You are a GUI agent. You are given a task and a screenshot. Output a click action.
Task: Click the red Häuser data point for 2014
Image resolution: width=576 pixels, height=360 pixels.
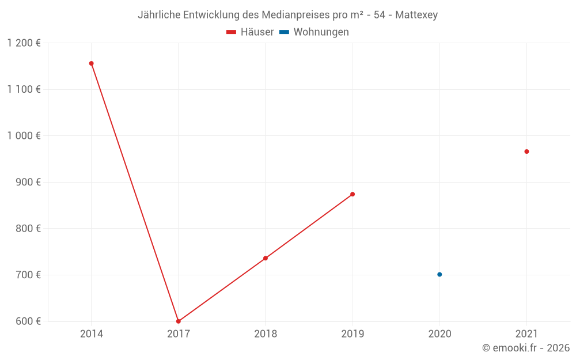(x=91, y=63)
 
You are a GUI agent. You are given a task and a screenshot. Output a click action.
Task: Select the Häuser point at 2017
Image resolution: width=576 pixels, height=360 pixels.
(x=178, y=321)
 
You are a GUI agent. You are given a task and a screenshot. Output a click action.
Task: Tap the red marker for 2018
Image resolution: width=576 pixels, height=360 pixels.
(x=266, y=258)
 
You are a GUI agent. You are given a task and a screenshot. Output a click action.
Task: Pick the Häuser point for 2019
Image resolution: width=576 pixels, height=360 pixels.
(x=353, y=194)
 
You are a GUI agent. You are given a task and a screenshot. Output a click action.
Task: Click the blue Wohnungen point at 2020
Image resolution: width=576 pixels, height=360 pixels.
(x=439, y=274)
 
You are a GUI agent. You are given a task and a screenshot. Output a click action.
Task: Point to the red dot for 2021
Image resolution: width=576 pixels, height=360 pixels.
(x=526, y=151)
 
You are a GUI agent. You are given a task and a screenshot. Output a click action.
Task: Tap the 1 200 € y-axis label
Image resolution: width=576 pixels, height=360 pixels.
(x=24, y=43)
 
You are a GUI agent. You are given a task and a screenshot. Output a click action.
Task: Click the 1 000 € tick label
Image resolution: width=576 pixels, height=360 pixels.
(x=24, y=136)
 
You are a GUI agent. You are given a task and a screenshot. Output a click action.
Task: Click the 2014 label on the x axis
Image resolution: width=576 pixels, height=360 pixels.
(x=91, y=334)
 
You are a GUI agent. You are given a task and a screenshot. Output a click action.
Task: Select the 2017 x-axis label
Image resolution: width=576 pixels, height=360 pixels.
(x=178, y=334)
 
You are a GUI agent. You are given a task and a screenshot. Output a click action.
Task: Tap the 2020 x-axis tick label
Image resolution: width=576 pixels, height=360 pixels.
(x=439, y=334)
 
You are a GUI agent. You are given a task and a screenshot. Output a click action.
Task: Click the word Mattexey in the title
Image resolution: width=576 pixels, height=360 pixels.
(x=416, y=15)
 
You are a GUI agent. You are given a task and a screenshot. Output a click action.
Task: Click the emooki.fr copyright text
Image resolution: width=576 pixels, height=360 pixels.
(x=526, y=348)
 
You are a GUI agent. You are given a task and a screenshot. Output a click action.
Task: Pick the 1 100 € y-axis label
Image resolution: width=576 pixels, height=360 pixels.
(x=24, y=89)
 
